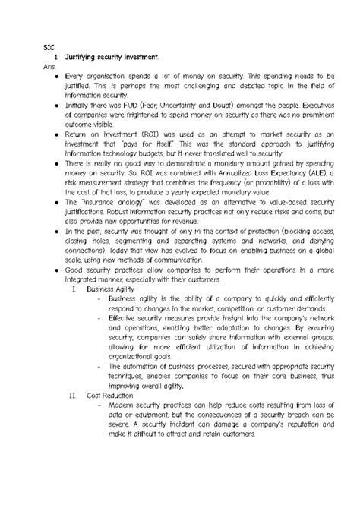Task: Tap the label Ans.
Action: pyautogui.click(x=51, y=68)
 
